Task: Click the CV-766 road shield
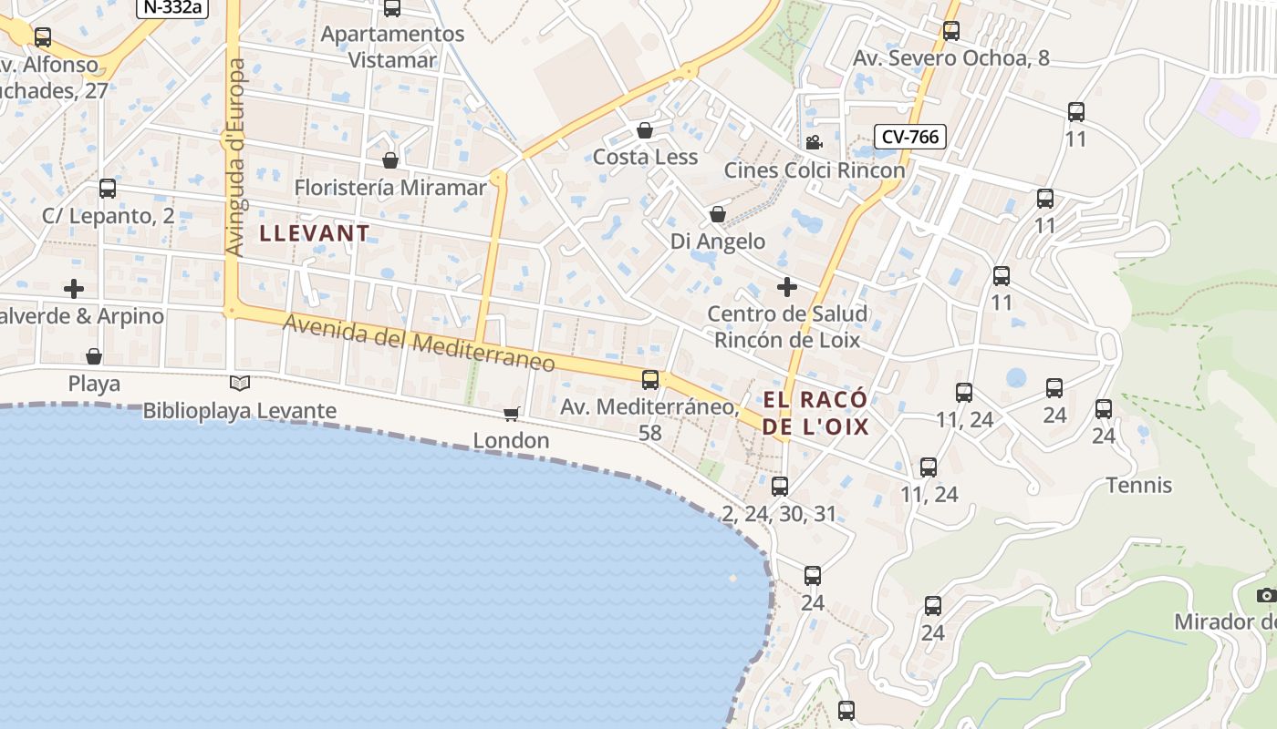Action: pyautogui.click(x=909, y=137)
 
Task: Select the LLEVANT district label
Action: pyautogui.click(x=315, y=233)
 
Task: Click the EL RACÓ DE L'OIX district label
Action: pyautogui.click(x=815, y=413)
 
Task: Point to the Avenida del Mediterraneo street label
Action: pyautogui.click(x=418, y=343)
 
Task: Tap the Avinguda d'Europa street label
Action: pyautogui.click(x=235, y=157)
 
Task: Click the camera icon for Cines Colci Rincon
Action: pyautogui.click(x=814, y=143)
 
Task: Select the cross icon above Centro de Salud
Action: pyautogui.click(x=786, y=287)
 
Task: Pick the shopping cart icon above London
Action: pyautogui.click(x=512, y=415)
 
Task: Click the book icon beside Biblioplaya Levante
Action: pyautogui.click(x=240, y=384)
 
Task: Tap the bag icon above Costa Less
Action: pyautogui.click(x=645, y=130)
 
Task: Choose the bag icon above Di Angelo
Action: pyautogui.click(x=718, y=215)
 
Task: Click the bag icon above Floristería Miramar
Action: pyautogui.click(x=390, y=160)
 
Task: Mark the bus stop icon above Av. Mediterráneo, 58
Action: pyautogui.click(x=650, y=380)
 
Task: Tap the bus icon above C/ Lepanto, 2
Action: pyautogui.click(x=108, y=189)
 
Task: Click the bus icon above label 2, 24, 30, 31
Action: pyautogui.click(x=779, y=487)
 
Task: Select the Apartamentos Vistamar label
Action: pyautogui.click(x=393, y=46)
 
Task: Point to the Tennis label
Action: pyautogui.click(x=1139, y=485)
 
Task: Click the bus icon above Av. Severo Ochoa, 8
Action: pyautogui.click(x=951, y=31)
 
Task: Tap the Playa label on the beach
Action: pyautogui.click(x=94, y=384)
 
